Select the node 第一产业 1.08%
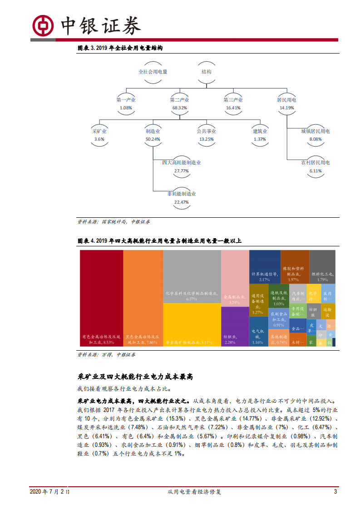pyautogui.click(x=126, y=104)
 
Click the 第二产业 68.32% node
pyautogui.click(x=180, y=104)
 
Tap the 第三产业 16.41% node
pyautogui.click(x=233, y=104)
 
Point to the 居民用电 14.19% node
pyautogui.click(x=286, y=104)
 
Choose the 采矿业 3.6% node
pyautogui.click(x=99, y=135)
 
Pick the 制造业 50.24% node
pyautogui.click(x=153, y=135)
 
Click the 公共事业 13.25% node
pyautogui.click(x=206, y=135)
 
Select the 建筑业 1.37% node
pyautogui.click(x=260, y=135)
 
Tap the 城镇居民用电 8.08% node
pyautogui.click(x=316, y=135)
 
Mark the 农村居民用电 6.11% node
pyautogui.click(x=316, y=166)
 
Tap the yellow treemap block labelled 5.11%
pyautogui.click(x=192, y=325)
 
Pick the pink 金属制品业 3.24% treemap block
pyautogui.click(x=235, y=278)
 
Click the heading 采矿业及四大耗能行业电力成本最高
pyautogui.click(x=136, y=377)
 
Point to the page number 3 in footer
pyautogui.click(x=335, y=492)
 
